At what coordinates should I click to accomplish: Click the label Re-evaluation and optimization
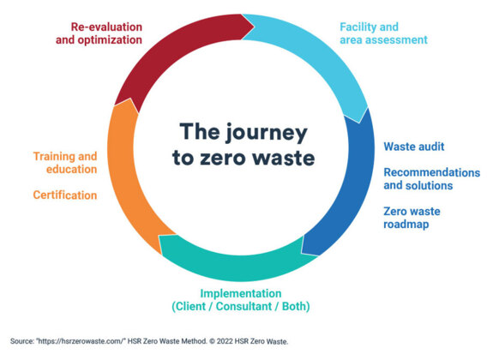pos(99,33)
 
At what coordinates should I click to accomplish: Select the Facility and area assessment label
pos(383,33)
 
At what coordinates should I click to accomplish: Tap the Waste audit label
pos(414,147)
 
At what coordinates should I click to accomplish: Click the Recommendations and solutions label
pos(431,179)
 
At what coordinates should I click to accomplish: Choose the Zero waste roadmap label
pos(412,218)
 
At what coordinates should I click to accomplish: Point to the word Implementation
pos(241,293)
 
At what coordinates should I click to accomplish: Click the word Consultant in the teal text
pos(244,306)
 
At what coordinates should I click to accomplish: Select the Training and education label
pos(65,163)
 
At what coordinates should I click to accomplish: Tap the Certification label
pos(65,195)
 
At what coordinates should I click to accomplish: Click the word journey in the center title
pos(267,134)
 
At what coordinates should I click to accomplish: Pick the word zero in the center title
pos(223,158)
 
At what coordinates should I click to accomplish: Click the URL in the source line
pos(81,341)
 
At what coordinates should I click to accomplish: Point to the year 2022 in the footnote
pos(224,341)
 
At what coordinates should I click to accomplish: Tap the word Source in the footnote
pos(22,341)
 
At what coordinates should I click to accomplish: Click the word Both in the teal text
pos(294,306)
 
